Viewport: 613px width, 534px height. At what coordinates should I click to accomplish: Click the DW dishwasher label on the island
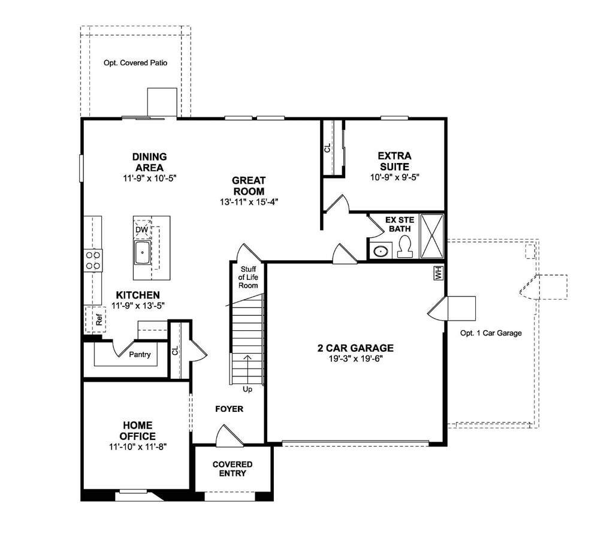(142, 230)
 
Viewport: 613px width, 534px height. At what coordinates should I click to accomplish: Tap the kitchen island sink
(143, 252)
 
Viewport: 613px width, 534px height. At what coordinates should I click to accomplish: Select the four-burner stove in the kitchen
(93, 260)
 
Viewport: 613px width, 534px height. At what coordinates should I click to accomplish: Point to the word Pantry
(140, 355)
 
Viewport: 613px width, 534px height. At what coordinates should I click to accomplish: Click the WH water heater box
(438, 273)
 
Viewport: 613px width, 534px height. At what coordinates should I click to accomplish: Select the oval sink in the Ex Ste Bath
(381, 251)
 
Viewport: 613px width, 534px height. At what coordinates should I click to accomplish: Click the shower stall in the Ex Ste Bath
(432, 236)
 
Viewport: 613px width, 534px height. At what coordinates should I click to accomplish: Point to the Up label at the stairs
(247, 390)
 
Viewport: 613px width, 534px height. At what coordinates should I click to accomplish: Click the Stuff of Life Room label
(248, 277)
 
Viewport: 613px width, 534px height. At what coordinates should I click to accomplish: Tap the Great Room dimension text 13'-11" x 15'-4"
(249, 202)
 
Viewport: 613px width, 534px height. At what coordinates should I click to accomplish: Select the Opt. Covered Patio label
(135, 62)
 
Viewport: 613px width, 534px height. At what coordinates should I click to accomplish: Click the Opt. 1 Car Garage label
(491, 333)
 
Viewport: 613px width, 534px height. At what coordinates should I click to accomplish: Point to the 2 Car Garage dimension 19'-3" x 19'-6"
(355, 358)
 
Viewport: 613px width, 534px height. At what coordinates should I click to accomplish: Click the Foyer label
(229, 409)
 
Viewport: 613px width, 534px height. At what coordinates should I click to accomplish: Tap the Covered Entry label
(232, 469)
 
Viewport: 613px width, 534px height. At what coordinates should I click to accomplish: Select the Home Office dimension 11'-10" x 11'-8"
(138, 446)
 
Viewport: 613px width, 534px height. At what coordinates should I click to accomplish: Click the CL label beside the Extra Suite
(328, 148)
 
